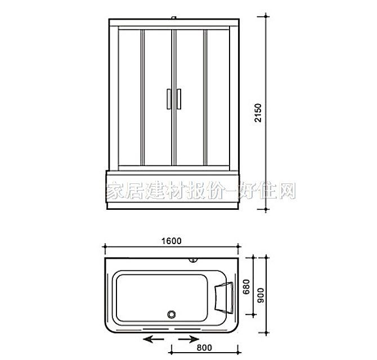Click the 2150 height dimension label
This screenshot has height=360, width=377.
257,115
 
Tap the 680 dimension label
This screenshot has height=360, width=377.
246,288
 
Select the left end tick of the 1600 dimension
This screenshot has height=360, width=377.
105,247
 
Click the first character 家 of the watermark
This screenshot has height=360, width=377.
115,190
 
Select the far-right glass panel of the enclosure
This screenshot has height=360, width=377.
219,98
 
